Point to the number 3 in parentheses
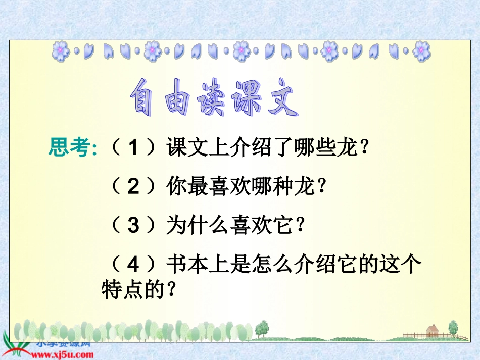pos(133,226)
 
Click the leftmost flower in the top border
pos(61,50)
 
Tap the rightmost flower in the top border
pos(421,50)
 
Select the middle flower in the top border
pos(241,50)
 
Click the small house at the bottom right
pos(432,331)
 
